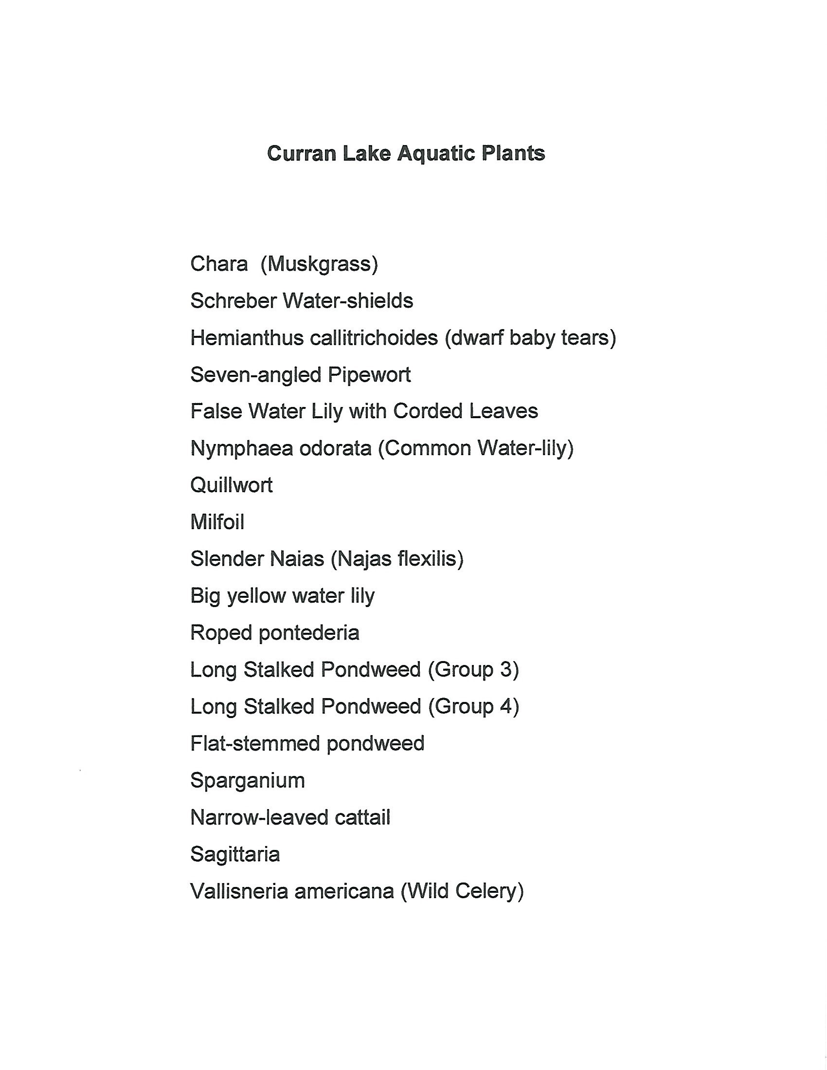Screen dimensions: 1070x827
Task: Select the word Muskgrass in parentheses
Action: click(319, 264)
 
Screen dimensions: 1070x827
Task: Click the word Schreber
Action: click(233, 301)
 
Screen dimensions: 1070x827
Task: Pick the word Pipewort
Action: click(369, 375)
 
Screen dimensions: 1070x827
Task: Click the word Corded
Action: click(428, 411)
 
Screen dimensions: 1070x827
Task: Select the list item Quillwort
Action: click(231, 485)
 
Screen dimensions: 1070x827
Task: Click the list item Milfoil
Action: click(217, 522)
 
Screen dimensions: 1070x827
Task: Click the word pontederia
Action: click(309, 632)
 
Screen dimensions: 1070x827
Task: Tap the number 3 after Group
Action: click(506, 669)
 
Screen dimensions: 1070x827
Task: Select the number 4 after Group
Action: click(506, 706)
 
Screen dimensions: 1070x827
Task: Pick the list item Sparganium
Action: click(247, 780)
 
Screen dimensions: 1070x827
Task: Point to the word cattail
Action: click(362, 817)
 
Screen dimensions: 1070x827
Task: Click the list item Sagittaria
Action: click(234, 854)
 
